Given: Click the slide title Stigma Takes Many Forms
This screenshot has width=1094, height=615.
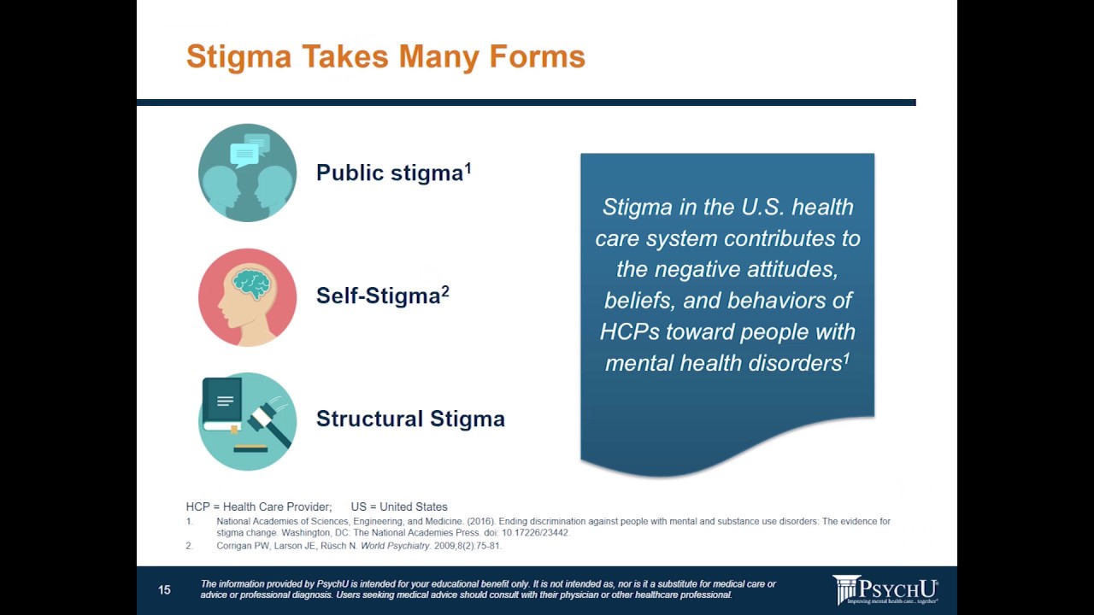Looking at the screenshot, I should point(385,57).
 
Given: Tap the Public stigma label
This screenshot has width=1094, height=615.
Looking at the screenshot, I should point(390,173).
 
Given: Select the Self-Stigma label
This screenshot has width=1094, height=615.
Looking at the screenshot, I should point(378,296).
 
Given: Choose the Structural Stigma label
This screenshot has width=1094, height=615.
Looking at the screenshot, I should point(410,419).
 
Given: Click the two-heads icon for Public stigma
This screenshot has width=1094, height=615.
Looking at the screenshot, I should point(247,184).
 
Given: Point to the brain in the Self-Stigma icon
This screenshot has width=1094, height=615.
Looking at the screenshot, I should point(252,284).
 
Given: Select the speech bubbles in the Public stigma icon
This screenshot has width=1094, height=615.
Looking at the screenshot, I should point(250,149).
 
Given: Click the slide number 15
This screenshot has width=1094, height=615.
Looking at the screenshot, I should point(164,590).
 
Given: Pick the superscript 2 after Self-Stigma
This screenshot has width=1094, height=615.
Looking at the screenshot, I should point(445,290).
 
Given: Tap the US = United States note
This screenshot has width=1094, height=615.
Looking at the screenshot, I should point(399,507).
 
